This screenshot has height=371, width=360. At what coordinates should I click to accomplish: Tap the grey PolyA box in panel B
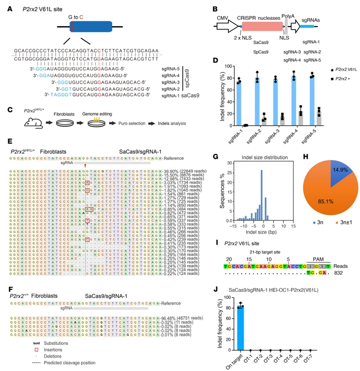(x=285, y=25)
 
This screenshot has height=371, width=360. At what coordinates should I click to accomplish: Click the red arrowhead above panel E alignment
(x=85, y=165)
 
